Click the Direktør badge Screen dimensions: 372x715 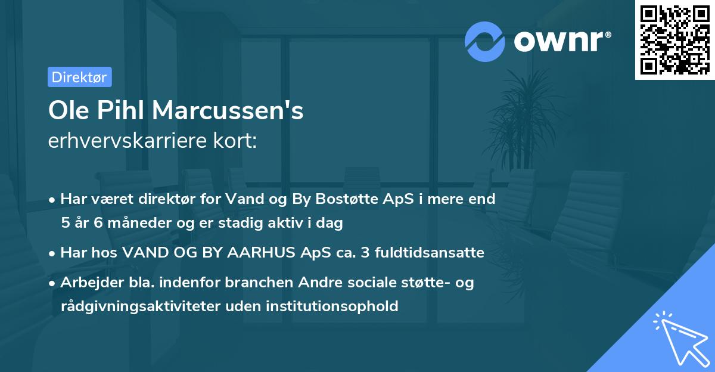click(79, 77)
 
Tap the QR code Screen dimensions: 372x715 click(674, 40)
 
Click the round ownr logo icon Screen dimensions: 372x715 click(485, 41)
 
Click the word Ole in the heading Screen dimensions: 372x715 click(67, 111)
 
